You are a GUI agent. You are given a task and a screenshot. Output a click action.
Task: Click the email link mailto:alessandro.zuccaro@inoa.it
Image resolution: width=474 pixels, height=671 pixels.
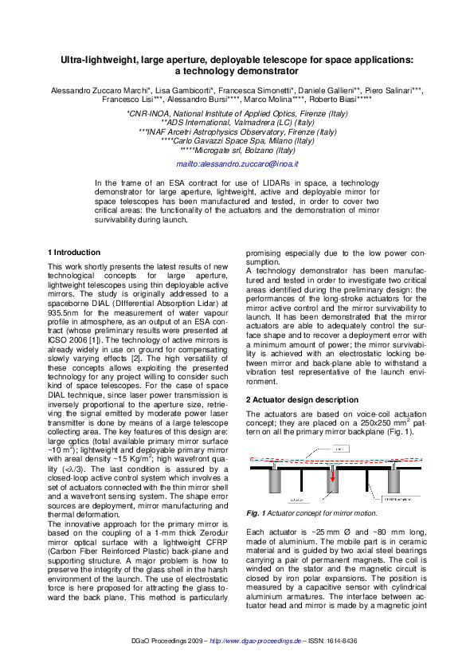[237, 163]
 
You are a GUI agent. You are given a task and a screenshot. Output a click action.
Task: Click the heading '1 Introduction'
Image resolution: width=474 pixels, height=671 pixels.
[74, 252]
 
